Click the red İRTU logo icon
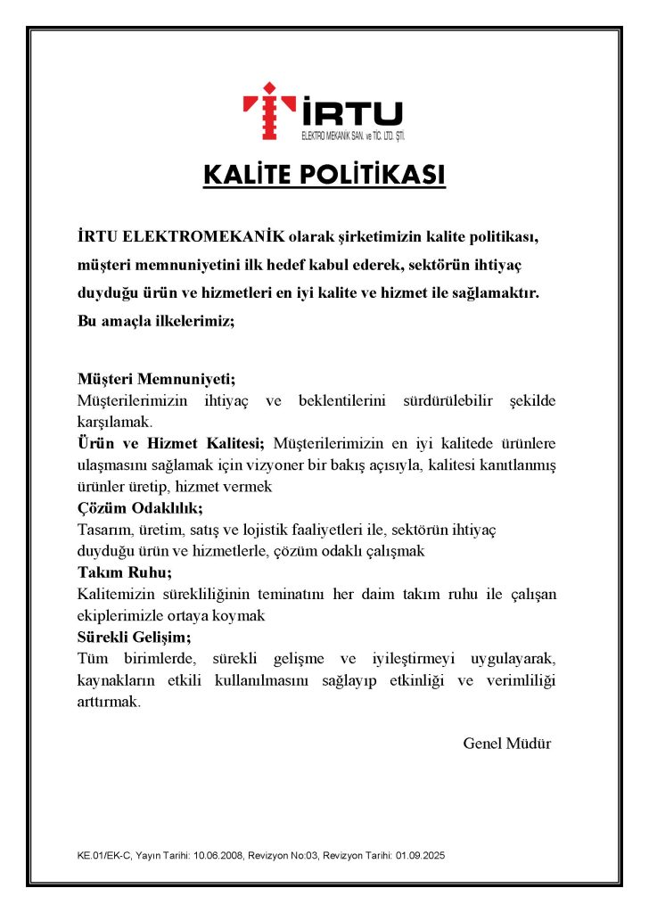pos(269,111)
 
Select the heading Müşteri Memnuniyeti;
pos(156,377)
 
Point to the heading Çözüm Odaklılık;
pos(140,508)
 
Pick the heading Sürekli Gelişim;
pos(134,637)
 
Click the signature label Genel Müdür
pos(506,743)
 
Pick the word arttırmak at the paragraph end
pos(109,702)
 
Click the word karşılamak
pos(115,422)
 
